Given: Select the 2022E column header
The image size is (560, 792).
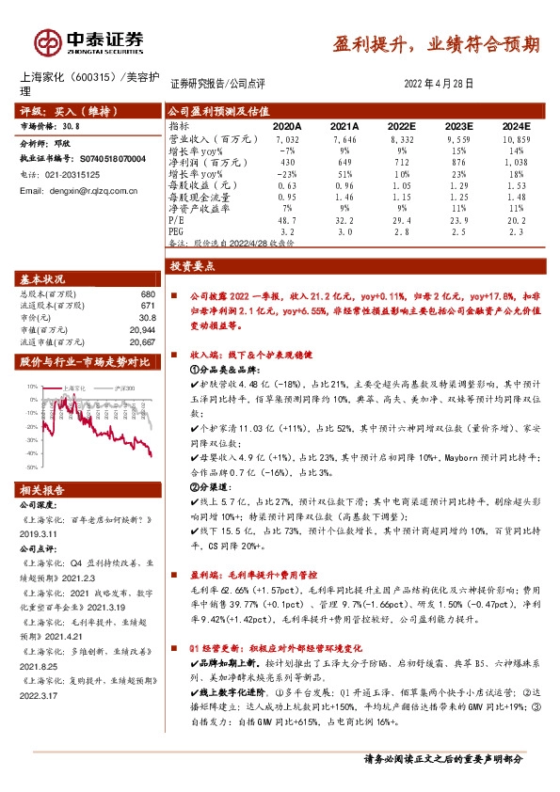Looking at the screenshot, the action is [x=402, y=125].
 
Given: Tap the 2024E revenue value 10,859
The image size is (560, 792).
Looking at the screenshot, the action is [x=517, y=137].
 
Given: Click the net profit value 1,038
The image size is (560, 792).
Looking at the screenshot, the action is [x=517, y=161].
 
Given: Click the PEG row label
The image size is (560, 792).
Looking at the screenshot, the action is [x=177, y=230].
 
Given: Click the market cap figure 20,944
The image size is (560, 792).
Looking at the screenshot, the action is [x=142, y=331].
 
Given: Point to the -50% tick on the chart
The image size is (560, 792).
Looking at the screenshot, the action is [x=32, y=467].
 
